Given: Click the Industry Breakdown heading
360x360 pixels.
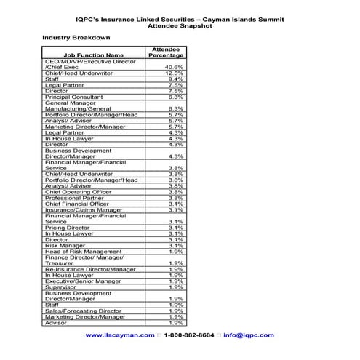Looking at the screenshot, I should pos(76,36).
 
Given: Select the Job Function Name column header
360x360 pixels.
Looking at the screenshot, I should pos(94,55).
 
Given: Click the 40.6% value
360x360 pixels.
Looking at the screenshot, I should pos(173,67).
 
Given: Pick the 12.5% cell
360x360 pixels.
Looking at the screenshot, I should pos(173,73).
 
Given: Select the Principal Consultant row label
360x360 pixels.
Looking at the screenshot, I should pos(73,97).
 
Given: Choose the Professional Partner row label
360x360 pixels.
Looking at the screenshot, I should pos(74,198).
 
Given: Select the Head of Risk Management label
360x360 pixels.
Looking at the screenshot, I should pos(84,252).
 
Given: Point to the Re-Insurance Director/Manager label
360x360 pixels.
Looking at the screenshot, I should pos(90,269).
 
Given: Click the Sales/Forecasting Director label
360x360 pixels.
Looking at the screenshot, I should pos(84,311).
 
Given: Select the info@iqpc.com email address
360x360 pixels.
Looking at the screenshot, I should pos(249,335).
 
